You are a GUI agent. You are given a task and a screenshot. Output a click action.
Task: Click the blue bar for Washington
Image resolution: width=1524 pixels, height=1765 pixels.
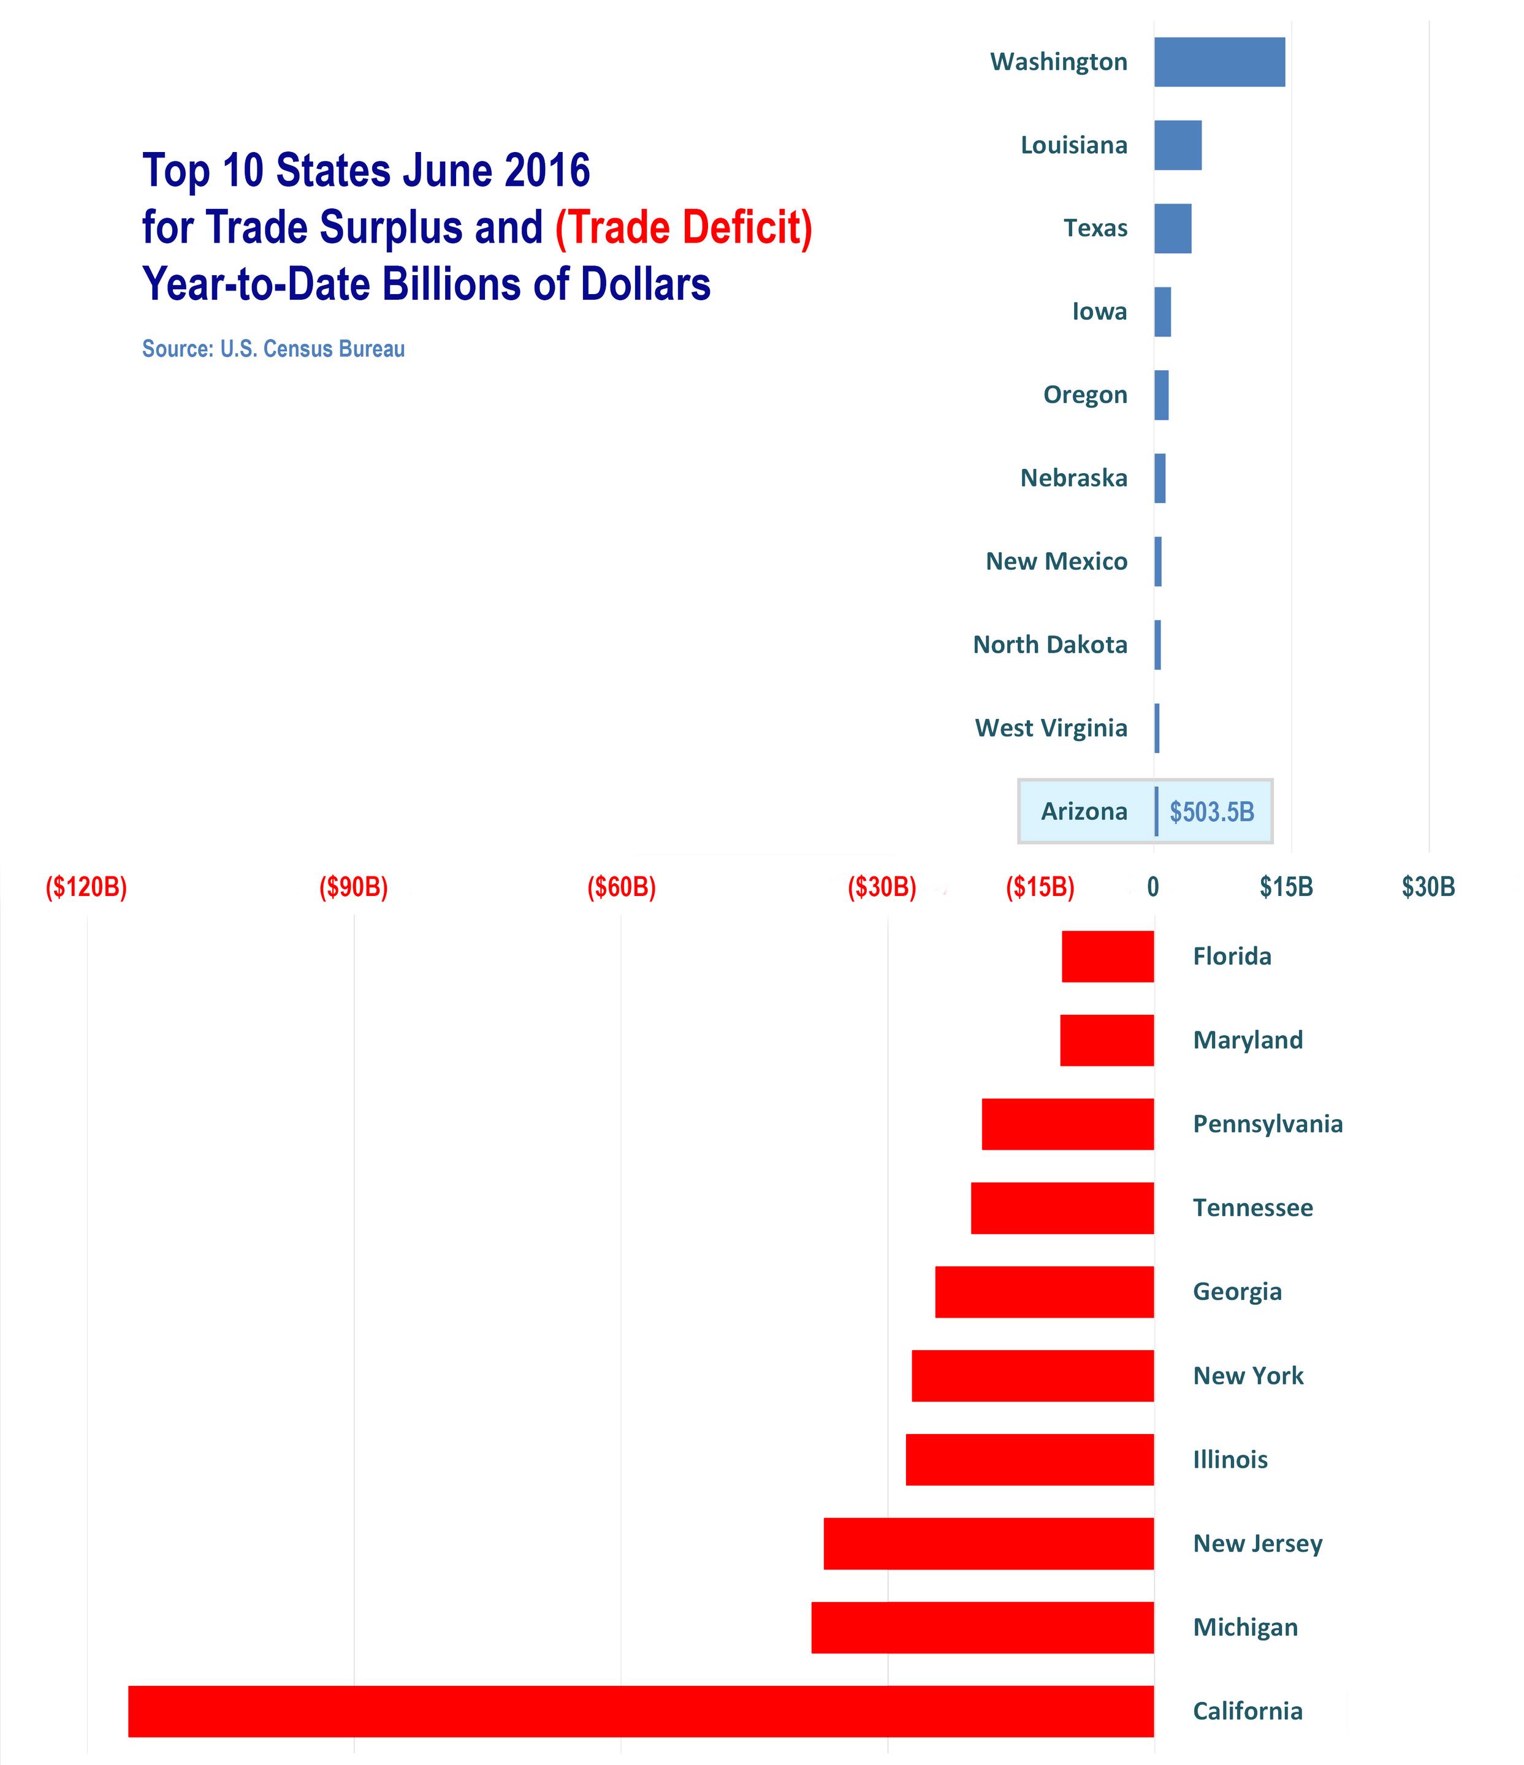pyautogui.click(x=1219, y=61)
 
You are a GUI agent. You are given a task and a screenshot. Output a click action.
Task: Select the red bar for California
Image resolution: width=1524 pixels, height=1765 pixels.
pyautogui.click(x=641, y=1710)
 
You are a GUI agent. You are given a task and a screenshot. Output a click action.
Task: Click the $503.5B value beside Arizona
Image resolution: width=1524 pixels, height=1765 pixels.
pyautogui.click(x=1211, y=812)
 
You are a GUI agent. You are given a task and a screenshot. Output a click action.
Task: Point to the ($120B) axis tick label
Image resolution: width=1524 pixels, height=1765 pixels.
pyautogui.click(x=86, y=887)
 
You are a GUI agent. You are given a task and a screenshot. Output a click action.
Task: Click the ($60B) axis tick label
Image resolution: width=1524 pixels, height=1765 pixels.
pyautogui.click(x=621, y=887)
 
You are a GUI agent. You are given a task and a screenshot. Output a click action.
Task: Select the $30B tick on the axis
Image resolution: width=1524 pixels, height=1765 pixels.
pyautogui.click(x=1428, y=887)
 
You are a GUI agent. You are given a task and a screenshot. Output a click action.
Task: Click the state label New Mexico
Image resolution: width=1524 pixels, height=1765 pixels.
pyautogui.click(x=1056, y=561)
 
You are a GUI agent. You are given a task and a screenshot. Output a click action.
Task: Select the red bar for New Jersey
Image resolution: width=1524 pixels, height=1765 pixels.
pyautogui.click(x=988, y=1544)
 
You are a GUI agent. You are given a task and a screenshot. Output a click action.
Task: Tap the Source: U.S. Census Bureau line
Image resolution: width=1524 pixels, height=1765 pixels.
pyautogui.click(x=273, y=349)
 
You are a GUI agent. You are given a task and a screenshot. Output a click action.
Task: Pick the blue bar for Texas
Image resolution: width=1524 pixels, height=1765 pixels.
pyautogui.click(x=1172, y=229)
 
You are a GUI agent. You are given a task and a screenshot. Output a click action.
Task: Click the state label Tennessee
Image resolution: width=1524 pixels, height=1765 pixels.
pyautogui.click(x=1252, y=1208)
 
